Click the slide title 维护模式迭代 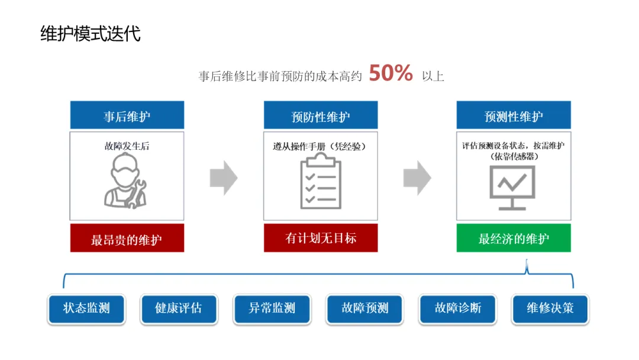pyautogui.click(x=91, y=33)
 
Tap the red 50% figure pyautogui.click(x=390, y=73)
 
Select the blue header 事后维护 pyautogui.click(x=127, y=115)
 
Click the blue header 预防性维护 pyautogui.click(x=321, y=115)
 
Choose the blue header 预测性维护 pyautogui.click(x=514, y=115)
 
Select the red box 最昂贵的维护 pyautogui.click(x=127, y=239)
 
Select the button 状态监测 pyautogui.click(x=86, y=308)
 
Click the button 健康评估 pyautogui.click(x=179, y=308)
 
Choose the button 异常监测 pyautogui.click(x=272, y=308)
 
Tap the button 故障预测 pyautogui.click(x=365, y=308)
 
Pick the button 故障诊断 pyautogui.click(x=458, y=308)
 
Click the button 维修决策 pyautogui.click(x=550, y=308)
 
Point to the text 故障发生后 pyautogui.click(x=127, y=146)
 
